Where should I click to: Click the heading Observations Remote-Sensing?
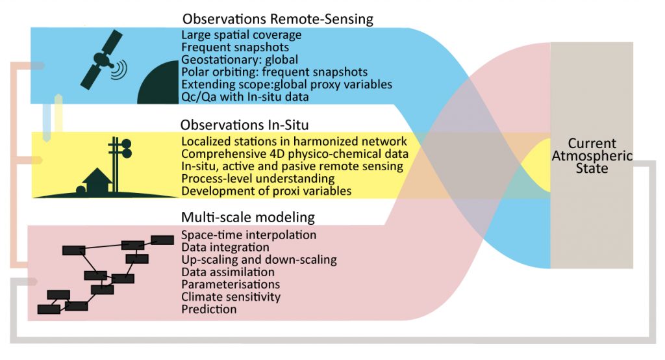[278, 19]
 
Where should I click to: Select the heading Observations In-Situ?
[257, 125]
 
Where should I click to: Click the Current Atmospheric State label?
[592, 156]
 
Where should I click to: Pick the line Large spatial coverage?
[242, 35]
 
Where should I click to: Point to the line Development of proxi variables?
[267, 190]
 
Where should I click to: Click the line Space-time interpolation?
[249, 235]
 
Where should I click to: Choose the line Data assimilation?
[228, 272]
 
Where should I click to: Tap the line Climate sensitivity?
[231, 297]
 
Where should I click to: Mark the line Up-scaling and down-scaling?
[259, 260]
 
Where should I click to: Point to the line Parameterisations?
[231, 285]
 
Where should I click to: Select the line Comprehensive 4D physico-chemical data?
[295, 154]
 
